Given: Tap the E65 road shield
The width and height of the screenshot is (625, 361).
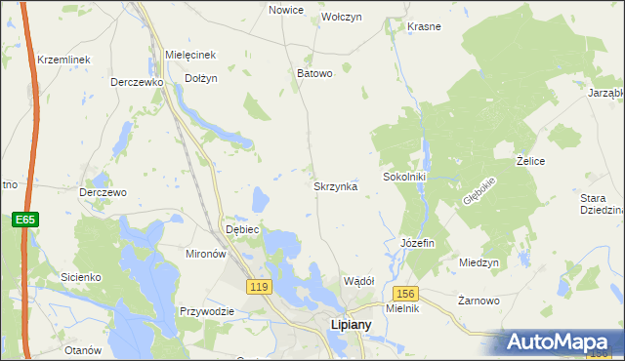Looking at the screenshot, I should click(x=25, y=221).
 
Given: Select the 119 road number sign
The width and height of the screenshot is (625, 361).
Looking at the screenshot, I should click(x=259, y=286).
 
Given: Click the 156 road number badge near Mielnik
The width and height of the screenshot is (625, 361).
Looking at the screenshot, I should click(x=406, y=293).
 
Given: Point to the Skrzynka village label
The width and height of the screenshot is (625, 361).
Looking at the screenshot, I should click(x=335, y=185).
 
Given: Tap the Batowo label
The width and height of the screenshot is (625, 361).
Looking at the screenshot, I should click(x=314, y=73).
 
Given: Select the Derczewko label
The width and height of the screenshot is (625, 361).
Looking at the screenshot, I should click(x=136, y=83).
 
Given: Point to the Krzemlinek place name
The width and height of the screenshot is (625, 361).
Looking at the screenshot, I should click(x=63, y=60).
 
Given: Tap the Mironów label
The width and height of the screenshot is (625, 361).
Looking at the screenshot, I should click(x=206, y=253).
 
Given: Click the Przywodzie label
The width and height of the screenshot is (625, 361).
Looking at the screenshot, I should click(x=206, y=311).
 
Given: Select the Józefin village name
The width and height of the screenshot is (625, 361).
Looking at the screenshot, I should click(x=417, y=242).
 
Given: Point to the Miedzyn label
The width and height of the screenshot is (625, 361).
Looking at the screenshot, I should click(x=479, y=263).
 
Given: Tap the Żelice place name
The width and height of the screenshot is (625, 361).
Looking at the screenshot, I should click(x=530, y=160).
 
